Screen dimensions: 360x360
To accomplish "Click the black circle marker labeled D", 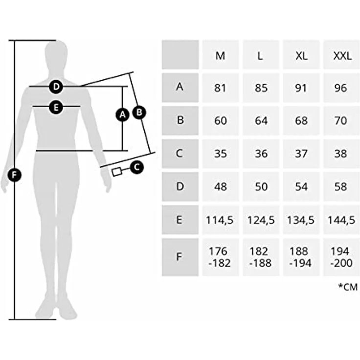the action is click(56, 87).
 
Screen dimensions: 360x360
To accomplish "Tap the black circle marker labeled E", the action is click(56, 107).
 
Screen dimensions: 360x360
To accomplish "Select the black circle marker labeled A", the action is click(122, 114).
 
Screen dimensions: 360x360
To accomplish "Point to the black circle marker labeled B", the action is click(139, 112).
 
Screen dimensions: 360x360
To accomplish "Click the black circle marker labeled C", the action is click(137, 167).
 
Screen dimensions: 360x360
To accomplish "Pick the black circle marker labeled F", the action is click(15, 175).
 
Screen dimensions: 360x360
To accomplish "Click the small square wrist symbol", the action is click(116, 172).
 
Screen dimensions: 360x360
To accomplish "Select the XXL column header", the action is click(342, 55).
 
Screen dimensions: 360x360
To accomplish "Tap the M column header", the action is click(221, 55).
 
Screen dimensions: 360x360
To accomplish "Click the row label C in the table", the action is click(180, 154).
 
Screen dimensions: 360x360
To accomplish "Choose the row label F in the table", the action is click(180, 257).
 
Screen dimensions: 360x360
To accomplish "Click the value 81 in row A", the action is click(221, 88).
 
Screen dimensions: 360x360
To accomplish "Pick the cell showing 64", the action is click(261, 120).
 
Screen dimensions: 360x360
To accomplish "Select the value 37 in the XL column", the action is click(301, 154).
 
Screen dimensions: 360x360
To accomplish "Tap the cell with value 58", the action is click(342, 186).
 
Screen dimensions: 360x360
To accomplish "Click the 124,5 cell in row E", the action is click(261, 220).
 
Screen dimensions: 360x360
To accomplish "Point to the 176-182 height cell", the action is click(221, 257).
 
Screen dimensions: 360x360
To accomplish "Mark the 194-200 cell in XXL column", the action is click(342, 257).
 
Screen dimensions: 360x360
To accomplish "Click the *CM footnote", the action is click(348, 287).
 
